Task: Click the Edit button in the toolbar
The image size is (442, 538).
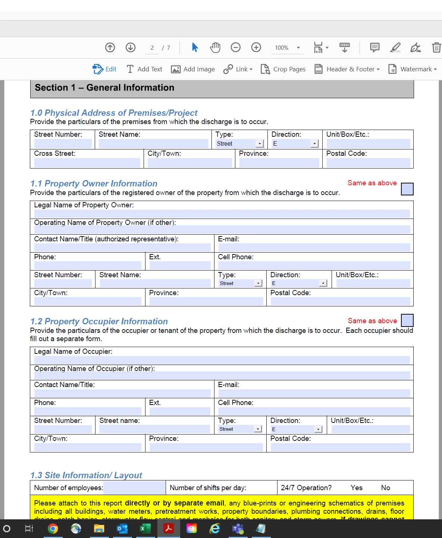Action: pyautogui.click(x=105, y=69)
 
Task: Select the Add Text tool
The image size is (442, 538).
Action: pyautogui.click(x=144, y=69)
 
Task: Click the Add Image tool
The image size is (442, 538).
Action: pyautogui.click(x=193, y=69)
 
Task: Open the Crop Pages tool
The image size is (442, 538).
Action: pyautogui.click(x=283, y=69)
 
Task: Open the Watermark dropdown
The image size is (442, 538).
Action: pyautogui.click(x=413, y=69)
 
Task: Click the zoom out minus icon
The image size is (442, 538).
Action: pyautogui.click(x=236, y=47)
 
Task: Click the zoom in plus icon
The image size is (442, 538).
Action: pyautogui.click(x=256, y=47)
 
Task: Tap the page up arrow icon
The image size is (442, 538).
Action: pyautogui.click(x=110, y=47)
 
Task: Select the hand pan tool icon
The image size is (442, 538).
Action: pyautogui.click(x=215, y=47)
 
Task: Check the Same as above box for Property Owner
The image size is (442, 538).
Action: pyautogui.click(x=407, y=189)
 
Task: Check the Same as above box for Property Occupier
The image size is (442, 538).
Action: pyautogui.click(x=407, y=321)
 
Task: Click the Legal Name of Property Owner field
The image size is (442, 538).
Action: pyautogui.click(x=222, y=214)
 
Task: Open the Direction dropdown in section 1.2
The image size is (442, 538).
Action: pyautogui.click(x=318, y=429)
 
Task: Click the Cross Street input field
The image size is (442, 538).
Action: pyautogui.click(x=87, y=163)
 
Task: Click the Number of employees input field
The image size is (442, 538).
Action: pyautogui.click(x=134, y=488)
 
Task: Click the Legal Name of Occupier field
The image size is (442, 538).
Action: pyautogui.click(x=222, y=360)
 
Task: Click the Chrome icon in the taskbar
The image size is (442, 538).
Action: pyautogui.click(x=53, y=529)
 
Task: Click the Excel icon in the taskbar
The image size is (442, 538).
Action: pyautogui.click(x=145, y=529)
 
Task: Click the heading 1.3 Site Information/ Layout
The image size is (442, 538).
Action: pyautogui.click(x=86, y=475)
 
